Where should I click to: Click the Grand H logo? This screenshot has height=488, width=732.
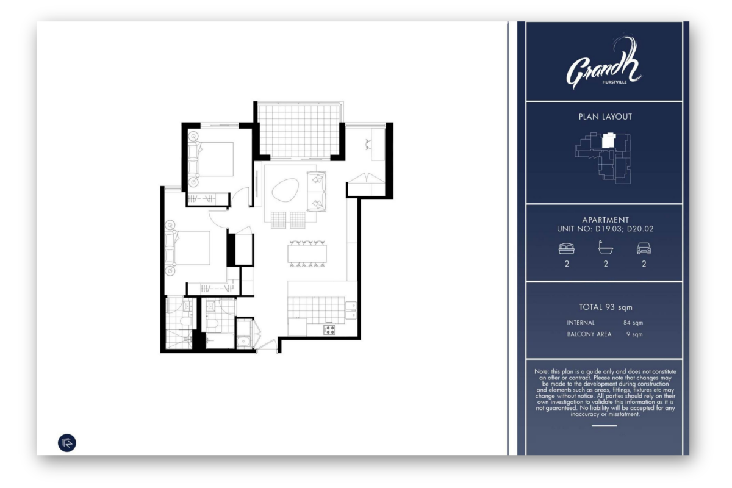tap(604, 62)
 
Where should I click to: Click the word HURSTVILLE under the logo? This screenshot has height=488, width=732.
tap(614, 82)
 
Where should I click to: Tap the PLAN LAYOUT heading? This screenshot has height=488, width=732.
tap(605, 117)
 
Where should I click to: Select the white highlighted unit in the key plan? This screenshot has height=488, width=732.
tap(609, 140)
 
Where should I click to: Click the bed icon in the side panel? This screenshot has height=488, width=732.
tap(567, 248)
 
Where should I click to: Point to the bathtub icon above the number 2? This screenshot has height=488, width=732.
tap(606, 248)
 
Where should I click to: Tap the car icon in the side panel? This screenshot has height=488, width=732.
tap(644, 248)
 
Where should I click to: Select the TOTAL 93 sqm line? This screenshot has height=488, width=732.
tap(606, 307)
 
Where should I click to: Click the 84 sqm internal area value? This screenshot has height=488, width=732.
tap(633, 323)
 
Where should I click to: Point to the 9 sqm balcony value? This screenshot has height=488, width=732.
tap(634, 334)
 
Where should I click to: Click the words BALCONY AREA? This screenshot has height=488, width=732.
tap(589, 334)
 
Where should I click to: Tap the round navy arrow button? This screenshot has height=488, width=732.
tap(67, 443)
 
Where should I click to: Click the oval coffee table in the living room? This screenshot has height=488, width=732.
tap(285, 190)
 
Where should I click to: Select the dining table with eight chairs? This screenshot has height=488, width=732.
tap(307, 254)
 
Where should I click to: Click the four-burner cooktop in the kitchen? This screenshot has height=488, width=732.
tap(329, 329)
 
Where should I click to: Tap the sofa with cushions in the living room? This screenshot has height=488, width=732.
tap(317, 191)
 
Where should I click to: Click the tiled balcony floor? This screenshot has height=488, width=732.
tap(299, 131)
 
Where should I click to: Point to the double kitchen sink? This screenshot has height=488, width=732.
tap(351, 310)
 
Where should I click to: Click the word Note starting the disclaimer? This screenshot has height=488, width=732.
tap(542, 371)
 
